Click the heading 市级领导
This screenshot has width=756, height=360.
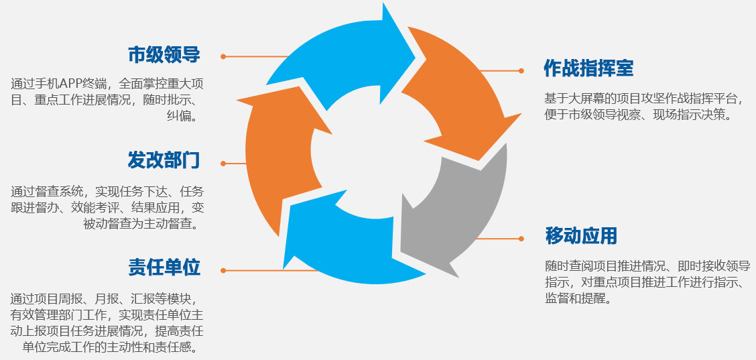pyautogui.click(x=164, y=55)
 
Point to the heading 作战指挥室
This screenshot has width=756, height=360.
pyautogui.click(x=588, y=68)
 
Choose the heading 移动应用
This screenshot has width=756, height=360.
pyautogui.click(x=581, y=236)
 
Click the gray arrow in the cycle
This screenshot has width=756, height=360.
pyautogui.click(x=456, y=215)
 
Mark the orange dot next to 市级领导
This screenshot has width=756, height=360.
pyautogui.click(x=223, y=56)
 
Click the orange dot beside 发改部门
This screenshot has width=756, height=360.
pyautogui.click(x=223, y=163)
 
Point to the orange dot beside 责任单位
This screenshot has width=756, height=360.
pyautogui.click(x=223, y=270)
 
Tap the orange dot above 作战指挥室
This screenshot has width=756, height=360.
pyautogui.click(x=521, y=70)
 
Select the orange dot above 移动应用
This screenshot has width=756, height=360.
pyautogui.click(x=521, y=238)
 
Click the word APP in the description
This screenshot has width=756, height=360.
pyautogui.click(x=72, y=84)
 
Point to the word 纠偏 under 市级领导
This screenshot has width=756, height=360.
pyautogui.click(x=182, y=116)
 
